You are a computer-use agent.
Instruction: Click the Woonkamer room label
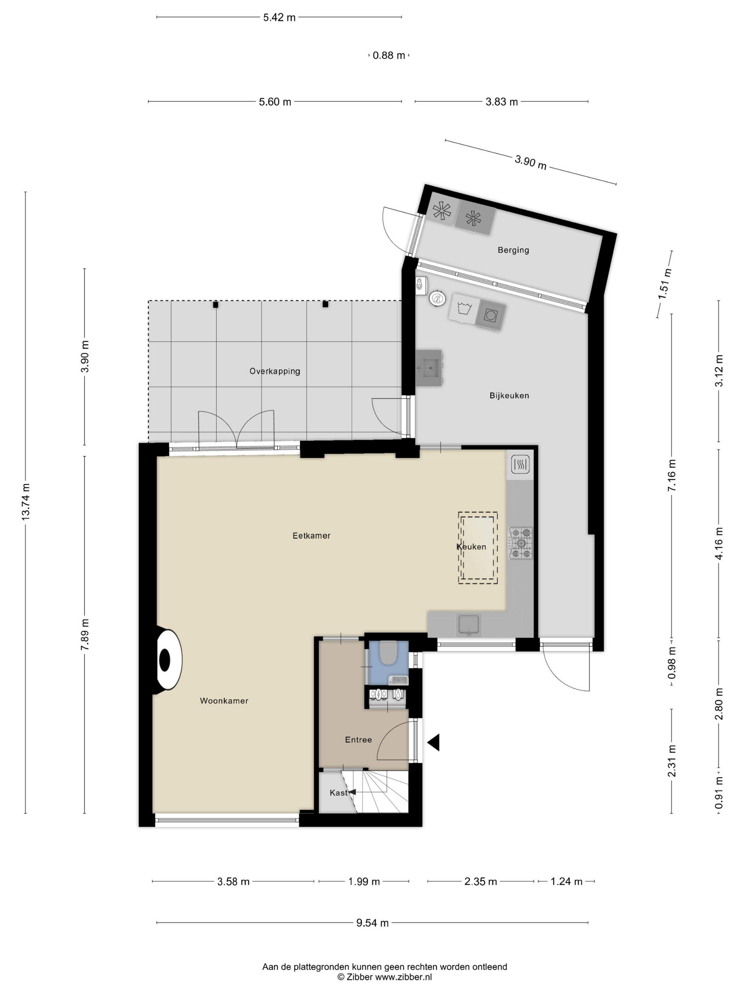[224, 701]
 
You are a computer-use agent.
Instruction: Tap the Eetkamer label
[311, 536]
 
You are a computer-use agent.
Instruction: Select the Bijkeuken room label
[509, 395]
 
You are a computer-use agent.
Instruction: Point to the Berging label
[513, 250]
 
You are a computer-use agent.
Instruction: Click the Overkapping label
[275, 371]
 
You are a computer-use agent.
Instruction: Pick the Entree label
[358, 740]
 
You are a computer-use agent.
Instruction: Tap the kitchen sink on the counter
[468, 625]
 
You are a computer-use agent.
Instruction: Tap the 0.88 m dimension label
[389, 55]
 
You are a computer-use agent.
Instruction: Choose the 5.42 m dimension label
[279, 17]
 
